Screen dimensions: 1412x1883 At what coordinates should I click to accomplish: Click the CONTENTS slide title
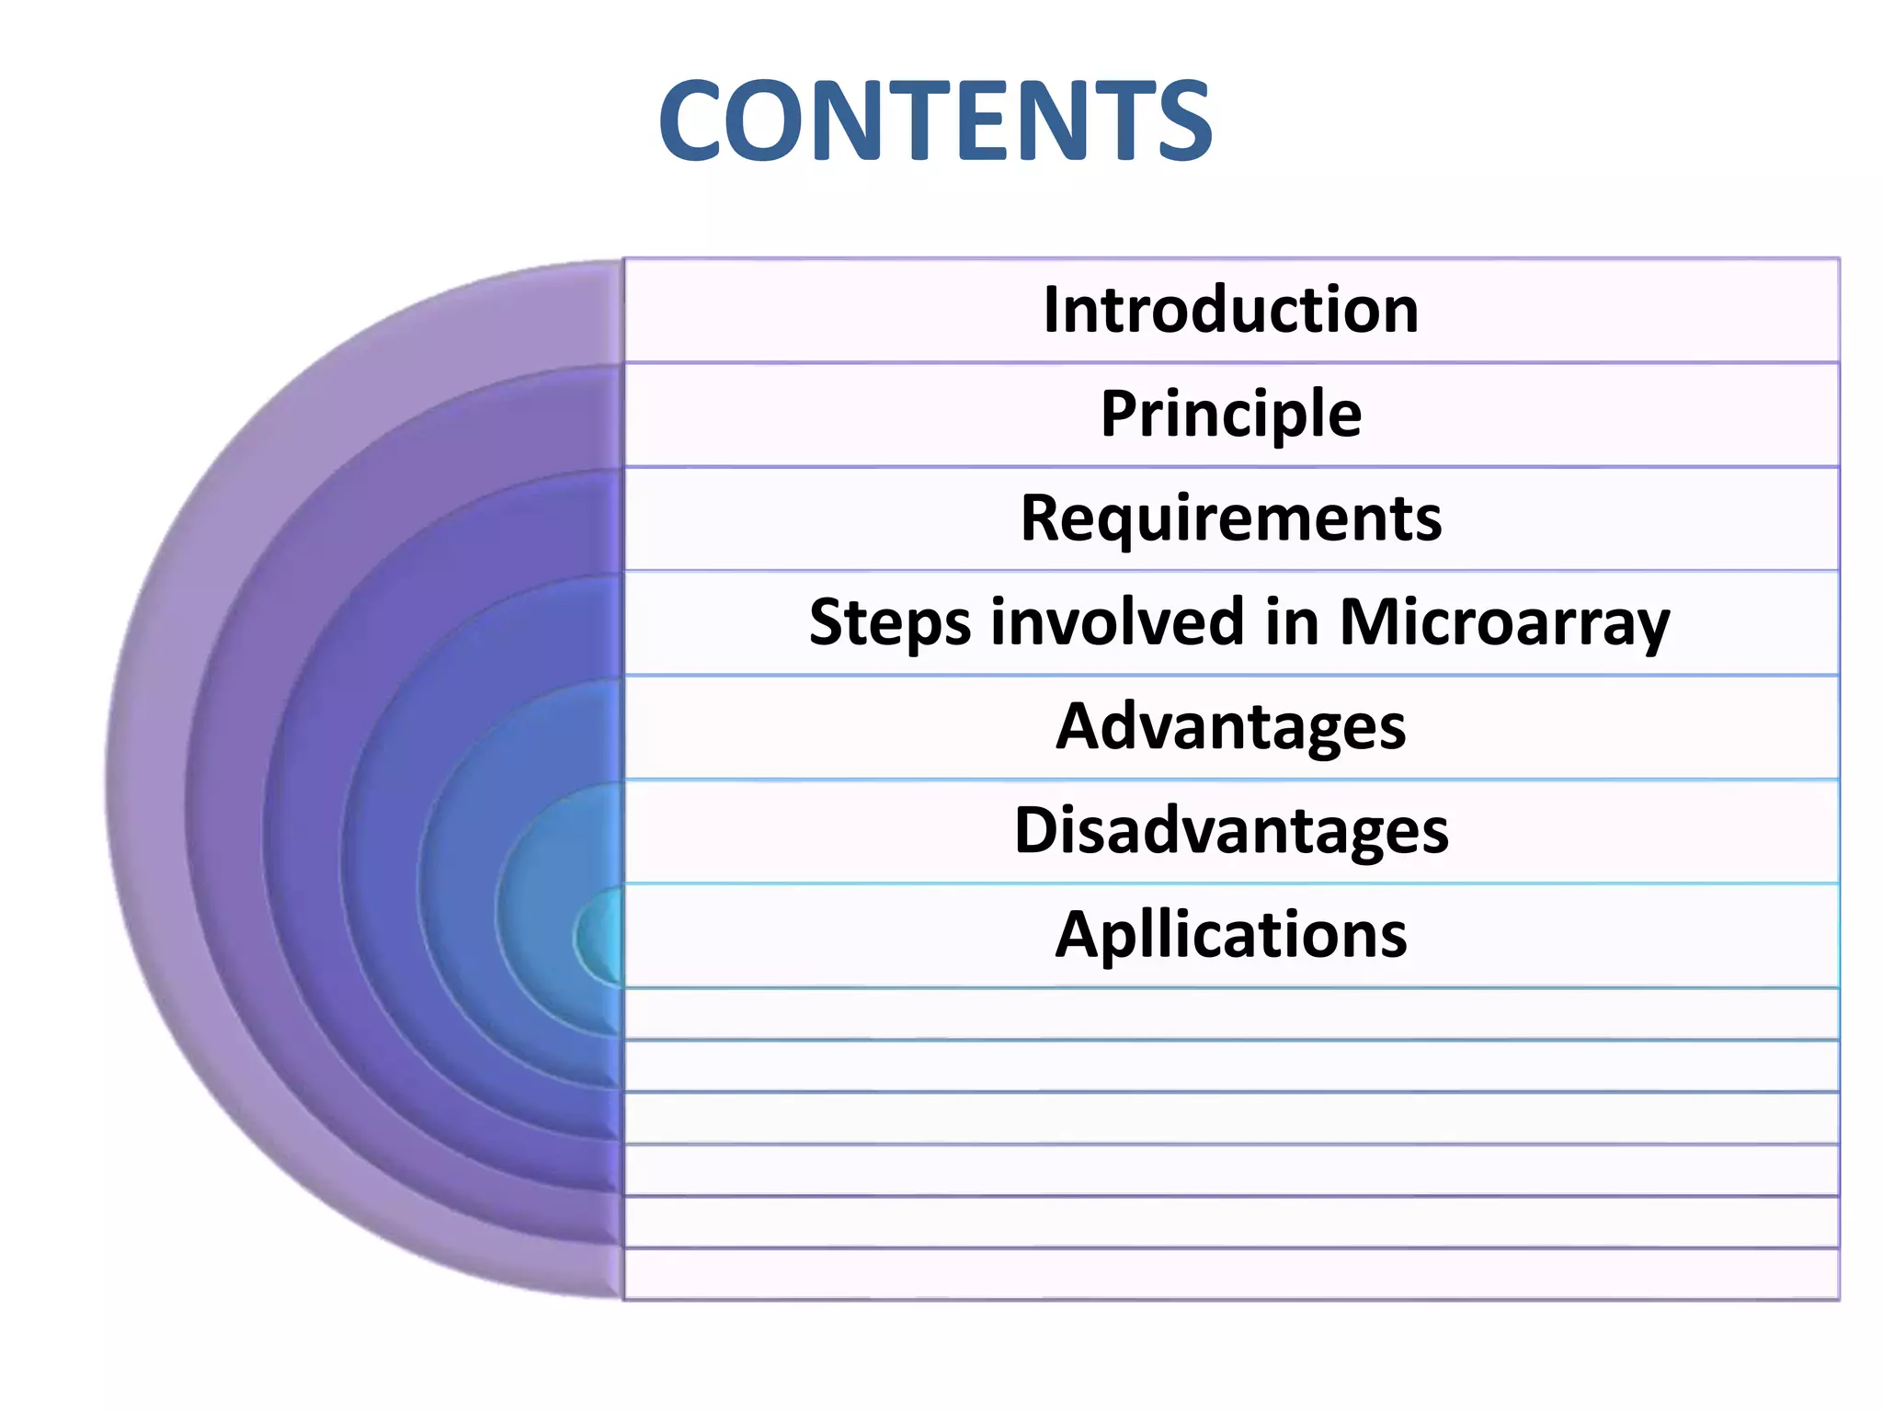point(935,121)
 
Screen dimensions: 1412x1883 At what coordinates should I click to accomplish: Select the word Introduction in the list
point(1231,310)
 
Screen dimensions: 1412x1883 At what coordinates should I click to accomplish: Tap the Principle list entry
point(1231,415)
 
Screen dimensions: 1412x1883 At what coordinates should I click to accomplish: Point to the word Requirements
point(1231,519)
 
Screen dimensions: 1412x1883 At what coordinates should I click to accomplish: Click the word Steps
point(889,623)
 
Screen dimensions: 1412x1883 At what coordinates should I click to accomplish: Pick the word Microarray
point(1504,623)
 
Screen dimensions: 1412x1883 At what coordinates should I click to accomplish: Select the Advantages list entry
point(1231,727)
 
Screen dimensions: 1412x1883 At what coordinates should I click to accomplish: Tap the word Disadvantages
point(1231,831)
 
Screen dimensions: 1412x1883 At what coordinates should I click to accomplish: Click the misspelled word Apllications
point(1231,935)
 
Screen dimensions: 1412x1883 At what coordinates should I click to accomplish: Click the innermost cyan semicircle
point(602,937)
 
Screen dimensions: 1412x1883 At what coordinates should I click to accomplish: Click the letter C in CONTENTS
point(691,121)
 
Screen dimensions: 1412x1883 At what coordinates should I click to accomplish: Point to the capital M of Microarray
point(1370,621)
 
